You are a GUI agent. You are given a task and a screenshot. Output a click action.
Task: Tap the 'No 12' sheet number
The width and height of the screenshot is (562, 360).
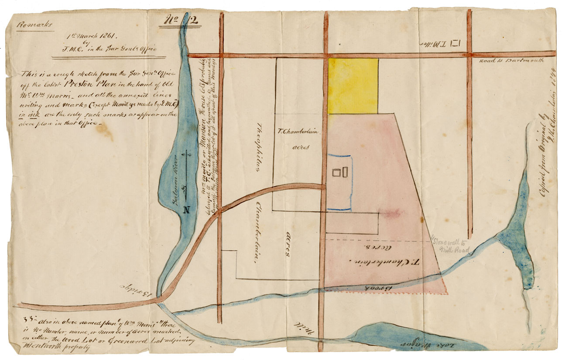(x=178, y=21)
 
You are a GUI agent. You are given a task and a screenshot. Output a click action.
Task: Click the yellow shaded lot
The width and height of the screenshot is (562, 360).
(x=353, y=86)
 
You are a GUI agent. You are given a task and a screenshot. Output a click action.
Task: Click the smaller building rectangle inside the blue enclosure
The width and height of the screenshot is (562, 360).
(x=336, y=173)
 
